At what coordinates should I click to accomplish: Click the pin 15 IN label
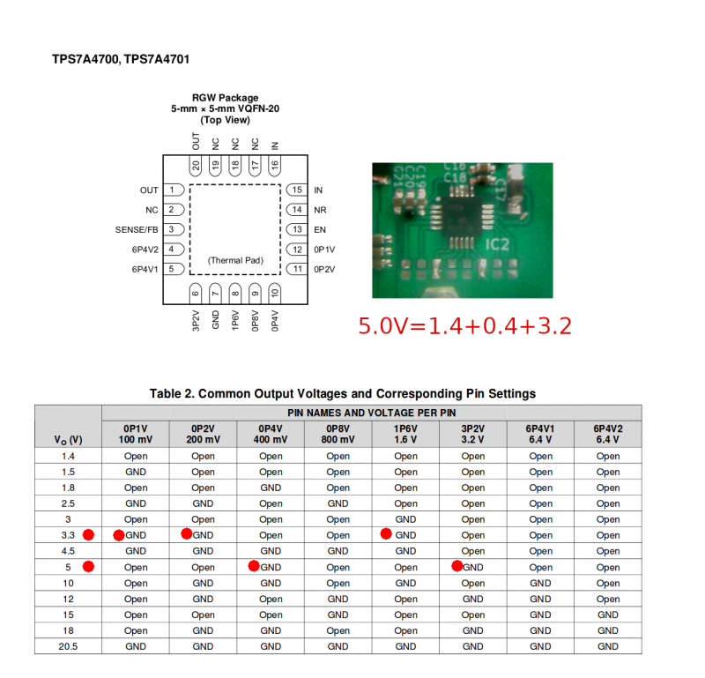click(x=318, y=190)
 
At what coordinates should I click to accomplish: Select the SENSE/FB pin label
click(x=137, y=229)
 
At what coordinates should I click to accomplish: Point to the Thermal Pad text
click(x=234, y=261)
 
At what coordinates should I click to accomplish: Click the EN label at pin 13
click(x=319, y=229)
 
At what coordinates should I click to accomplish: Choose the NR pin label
click(x=320, y=210)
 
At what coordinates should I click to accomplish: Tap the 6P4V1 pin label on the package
click(x=145, y=269)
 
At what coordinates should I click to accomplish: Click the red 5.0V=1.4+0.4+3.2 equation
click(x=464, y=325)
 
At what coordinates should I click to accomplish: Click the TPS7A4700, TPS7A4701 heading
click(x=121, y=59)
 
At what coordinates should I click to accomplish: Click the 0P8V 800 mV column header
click(x=338, y=433)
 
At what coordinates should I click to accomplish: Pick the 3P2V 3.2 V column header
click(x=472, y=433)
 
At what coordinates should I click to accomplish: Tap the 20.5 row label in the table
click(x=68, y=646)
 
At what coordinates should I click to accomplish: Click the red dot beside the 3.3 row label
click(x=87, y=534)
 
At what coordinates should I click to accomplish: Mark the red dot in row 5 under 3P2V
click(x=457, y=566)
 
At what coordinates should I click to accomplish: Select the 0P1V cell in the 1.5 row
click(x=136, y=472)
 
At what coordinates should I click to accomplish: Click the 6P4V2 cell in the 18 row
click(x=607, y=630)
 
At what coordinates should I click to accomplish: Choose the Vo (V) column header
click(x=68, y=439)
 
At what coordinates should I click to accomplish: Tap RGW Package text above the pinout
click(x=226, y=98)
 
